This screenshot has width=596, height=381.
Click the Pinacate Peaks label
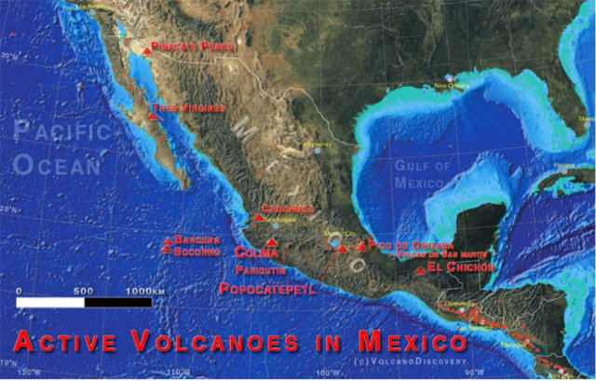coord(194,45)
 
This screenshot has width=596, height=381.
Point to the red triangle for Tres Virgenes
coord(154,116)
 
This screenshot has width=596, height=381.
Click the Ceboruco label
coord(288,209)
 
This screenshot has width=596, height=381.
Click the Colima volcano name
coord(256,252)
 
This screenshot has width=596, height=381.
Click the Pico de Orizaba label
coord(399,243)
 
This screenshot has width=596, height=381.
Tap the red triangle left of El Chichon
coord(421,270)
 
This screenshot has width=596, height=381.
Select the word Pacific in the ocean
coord(61,134)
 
